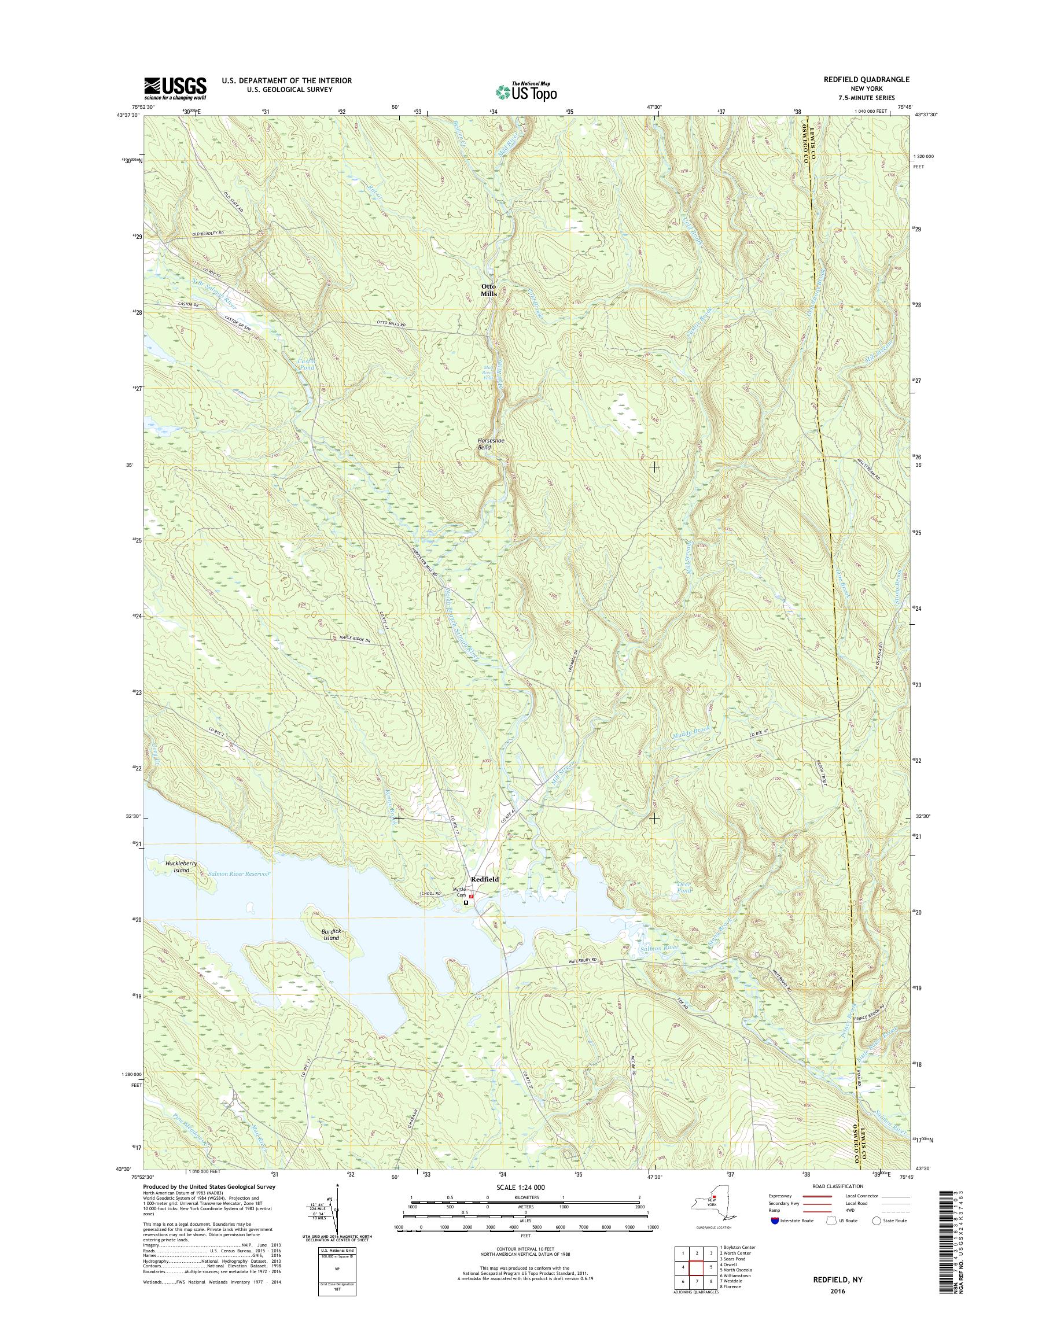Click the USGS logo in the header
tap(175, 87)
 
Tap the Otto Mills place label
tap(489, 290)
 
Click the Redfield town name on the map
tap(485, 879)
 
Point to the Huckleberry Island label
tap(181, 867)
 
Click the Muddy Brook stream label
tap(691, 732)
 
